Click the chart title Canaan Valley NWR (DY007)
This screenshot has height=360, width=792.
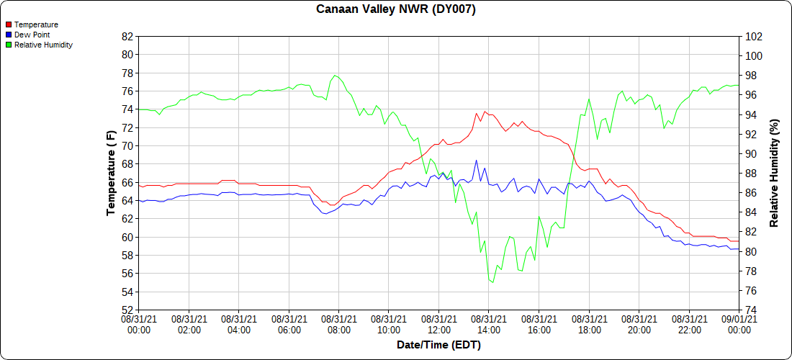[x=396, y=9]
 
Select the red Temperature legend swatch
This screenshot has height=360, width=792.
[x=9, y=24]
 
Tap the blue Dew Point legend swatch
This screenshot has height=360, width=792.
[x=9, y=35]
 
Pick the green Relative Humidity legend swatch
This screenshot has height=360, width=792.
[x=9, y=45]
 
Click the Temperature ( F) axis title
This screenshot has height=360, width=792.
[x=111, y=173]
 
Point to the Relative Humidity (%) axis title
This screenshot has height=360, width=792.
[x=774, y=173]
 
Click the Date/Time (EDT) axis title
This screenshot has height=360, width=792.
[x=438, y=345]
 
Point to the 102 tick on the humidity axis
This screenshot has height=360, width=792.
[x=754, y=36]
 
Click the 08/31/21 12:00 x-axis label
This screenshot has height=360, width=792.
[x=438, y=323]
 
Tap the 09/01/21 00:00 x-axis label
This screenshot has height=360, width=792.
[x=739, y=323]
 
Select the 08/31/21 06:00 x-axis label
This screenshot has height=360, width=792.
[x=289, y=323]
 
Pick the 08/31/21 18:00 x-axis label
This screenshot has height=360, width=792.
[x=589, y=323]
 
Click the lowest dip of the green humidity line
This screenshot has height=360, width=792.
[x=492, y=282]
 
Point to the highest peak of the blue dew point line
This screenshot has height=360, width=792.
[x=476, y=161]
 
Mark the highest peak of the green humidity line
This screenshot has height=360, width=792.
[x=335, y=75]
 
